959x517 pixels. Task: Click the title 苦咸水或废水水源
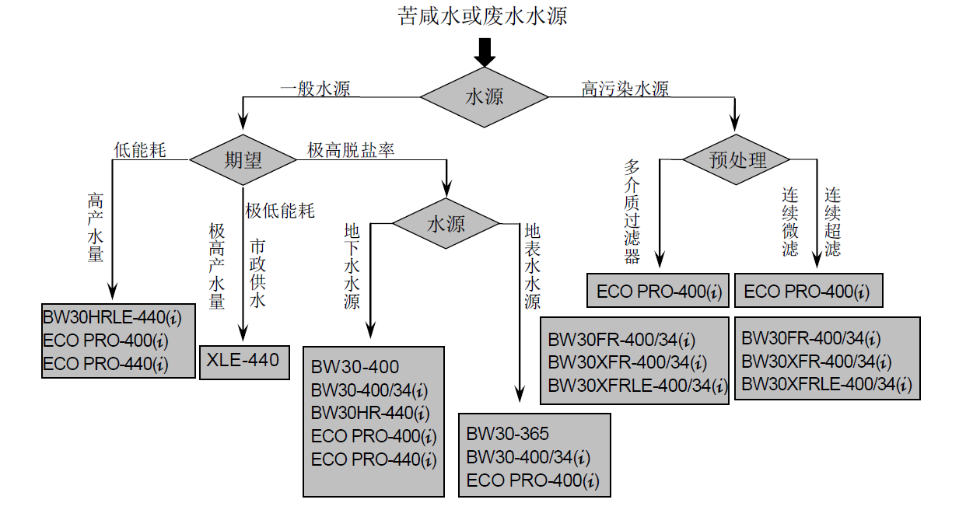[x=482, y=16]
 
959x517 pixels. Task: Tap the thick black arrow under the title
[x=484, y=52]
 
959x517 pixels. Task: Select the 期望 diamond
[x=243, y=160]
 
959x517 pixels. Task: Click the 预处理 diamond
[x=737, y=159]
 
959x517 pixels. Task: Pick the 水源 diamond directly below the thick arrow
[x=484, y=97]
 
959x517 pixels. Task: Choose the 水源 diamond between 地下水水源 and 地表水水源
[x=446, y=224]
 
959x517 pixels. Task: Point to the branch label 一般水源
[x=315, y=89]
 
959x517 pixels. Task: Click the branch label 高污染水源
[x=625, y=89]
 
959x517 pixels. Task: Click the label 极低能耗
[x=280, y=211]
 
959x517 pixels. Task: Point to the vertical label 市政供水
[x=257, y=273]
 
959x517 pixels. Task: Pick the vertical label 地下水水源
[x=352, y=266]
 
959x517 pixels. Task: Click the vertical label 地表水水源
[x=532, y=266]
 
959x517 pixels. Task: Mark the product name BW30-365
[x=507, y=434]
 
